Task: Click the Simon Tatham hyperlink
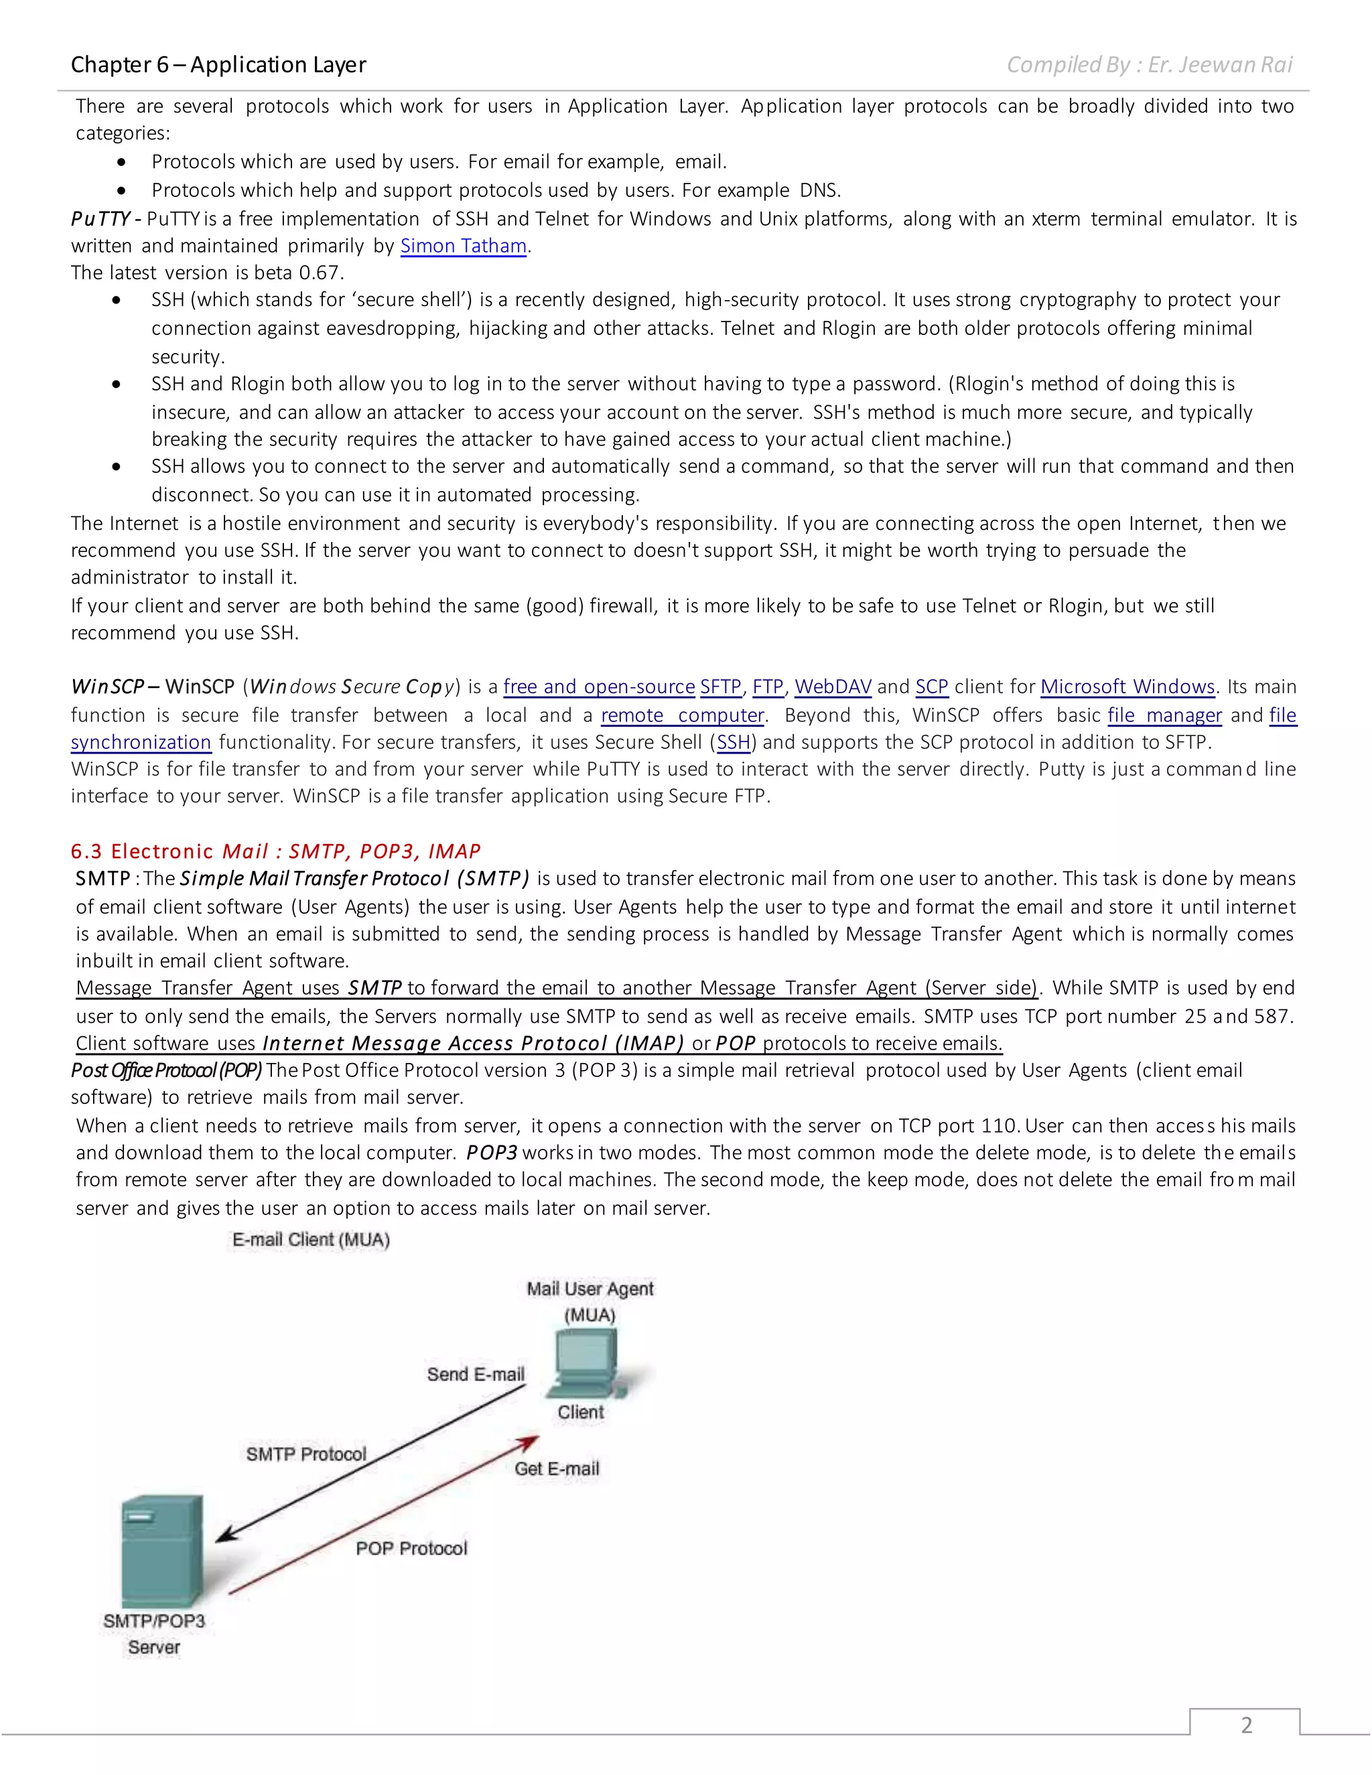[464, 245]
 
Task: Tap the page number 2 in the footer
[1245, 1725]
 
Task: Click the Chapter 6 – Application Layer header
[218, 64]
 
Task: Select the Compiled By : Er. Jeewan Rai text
[1150, 64]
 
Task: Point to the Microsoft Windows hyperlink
[1127, 687]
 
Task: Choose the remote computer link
[682, 715]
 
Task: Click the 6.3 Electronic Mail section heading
[275, 851]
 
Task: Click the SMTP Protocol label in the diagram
[305, 1454]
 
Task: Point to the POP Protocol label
[411, 1548]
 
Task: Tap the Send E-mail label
[476, 1374]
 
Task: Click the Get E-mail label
[557, 1469]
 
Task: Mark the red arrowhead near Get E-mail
[530, 1443]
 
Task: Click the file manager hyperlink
[1164, 715]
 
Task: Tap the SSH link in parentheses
[732, 742]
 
